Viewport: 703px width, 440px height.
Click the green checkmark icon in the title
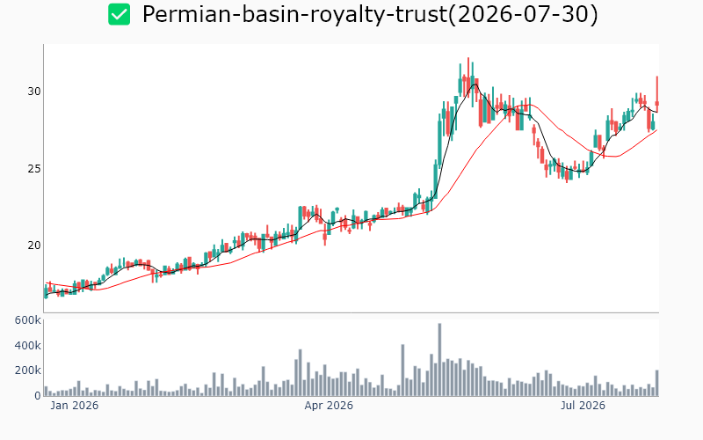click(x=120, y=14)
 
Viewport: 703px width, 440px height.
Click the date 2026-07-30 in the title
click(x=523, y=14)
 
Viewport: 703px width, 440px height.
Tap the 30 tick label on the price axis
click(x=34, y=92)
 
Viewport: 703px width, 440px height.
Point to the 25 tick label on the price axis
click(x=34, y=169)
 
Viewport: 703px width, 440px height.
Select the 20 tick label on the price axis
click(x=34, y=246)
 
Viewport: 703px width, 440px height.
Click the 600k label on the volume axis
click(x=28, y=320)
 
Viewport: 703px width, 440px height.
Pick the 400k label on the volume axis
click(x=28, y=345)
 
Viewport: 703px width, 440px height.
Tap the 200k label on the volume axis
click(x=28, y=370)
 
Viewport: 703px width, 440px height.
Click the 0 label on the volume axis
click(x=38, y=395)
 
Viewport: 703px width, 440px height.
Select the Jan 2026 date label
click(x=75, y=406)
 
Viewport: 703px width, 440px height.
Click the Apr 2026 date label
click(x=329, y=406)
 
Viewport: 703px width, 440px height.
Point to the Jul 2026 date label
click(x=583, y=406)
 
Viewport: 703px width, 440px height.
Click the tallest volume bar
click(x=439, y=360)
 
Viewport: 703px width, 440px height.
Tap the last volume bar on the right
click(x=657, y=383)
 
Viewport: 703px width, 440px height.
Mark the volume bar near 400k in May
click(x=402, y=370)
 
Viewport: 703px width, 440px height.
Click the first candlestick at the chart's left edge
click(x=46, y=292)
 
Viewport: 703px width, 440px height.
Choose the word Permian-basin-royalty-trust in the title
click(x=294, y=14)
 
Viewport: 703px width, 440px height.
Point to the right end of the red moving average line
click(x=657, y=129)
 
